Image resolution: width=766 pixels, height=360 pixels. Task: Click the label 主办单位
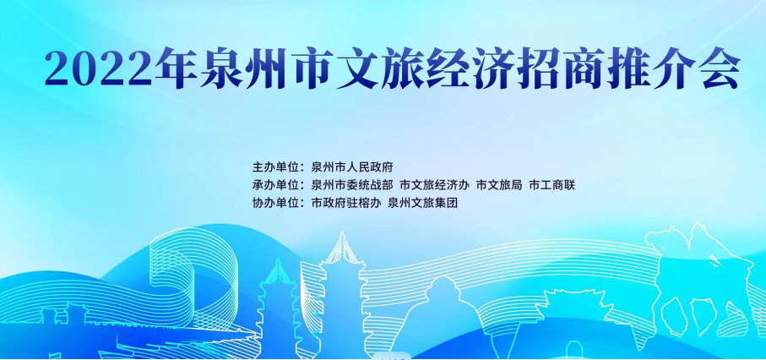coord(275,166)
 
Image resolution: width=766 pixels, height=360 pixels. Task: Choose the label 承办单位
coord(275,185)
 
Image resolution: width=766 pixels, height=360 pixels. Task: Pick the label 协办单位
coord(275,204)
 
